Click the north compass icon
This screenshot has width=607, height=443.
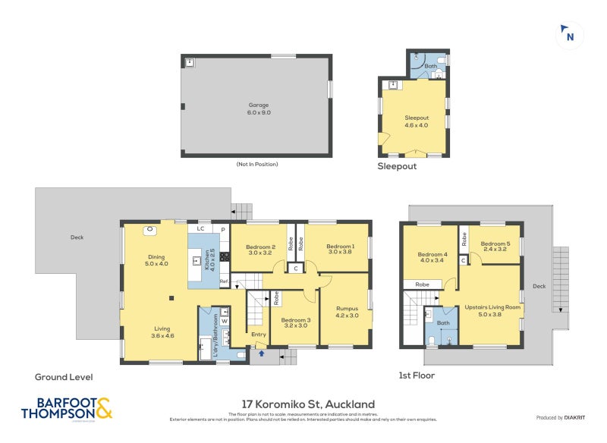coord(569,35)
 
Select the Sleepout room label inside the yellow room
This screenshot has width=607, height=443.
coord(417,121)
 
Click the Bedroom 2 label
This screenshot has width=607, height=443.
coord(259,250)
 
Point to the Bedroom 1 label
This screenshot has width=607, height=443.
coord(340,250)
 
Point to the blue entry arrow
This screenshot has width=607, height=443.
coord(260,352)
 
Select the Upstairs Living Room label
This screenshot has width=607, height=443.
coord(492,311)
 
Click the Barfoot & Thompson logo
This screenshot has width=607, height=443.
coord(66,408)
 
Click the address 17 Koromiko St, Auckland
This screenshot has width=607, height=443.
coord(308,404)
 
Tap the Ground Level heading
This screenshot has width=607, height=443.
coord(64,376)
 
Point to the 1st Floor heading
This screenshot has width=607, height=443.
coord(416,375)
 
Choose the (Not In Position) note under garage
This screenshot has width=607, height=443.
coord(256,165)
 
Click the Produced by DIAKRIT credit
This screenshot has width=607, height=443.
coord(561,418)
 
